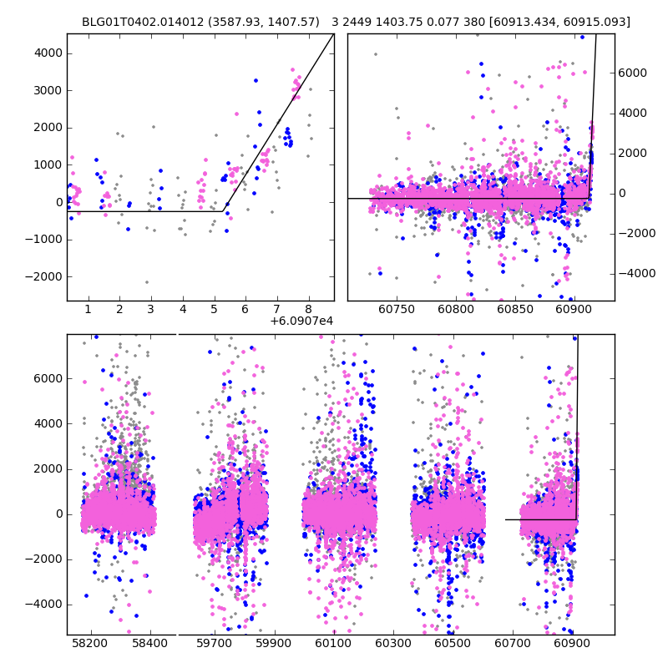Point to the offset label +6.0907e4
(x=301, y=321)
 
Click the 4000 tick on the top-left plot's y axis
(x=48, y=53)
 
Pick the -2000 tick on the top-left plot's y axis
(x=46, y=276)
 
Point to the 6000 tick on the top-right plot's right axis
(x=635, y=73)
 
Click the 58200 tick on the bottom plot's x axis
(x=90, y=644)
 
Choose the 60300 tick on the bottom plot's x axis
(x=392, y=644)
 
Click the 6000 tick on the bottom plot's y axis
(x=48, y=378)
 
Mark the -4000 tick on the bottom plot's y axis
(x=46, y=604)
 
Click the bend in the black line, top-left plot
(x=225, y=211)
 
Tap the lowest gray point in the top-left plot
(x=147, y=282)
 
